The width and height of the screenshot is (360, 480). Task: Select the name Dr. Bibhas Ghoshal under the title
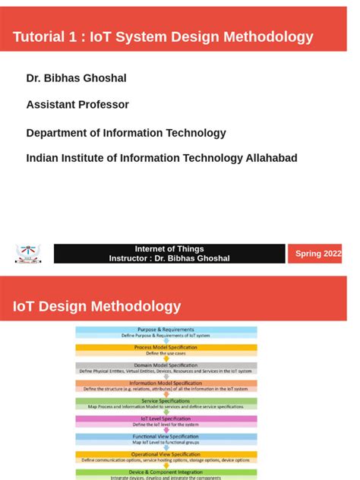76,78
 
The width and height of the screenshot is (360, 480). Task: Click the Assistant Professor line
77,105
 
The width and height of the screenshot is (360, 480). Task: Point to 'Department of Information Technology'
126,133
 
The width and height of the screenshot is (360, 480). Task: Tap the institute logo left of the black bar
29,254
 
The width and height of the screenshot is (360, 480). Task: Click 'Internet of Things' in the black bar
169,249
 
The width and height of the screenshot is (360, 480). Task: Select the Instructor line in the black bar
169,258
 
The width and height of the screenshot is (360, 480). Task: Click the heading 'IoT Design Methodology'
96,307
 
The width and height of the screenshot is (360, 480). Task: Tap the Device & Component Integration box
166,472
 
